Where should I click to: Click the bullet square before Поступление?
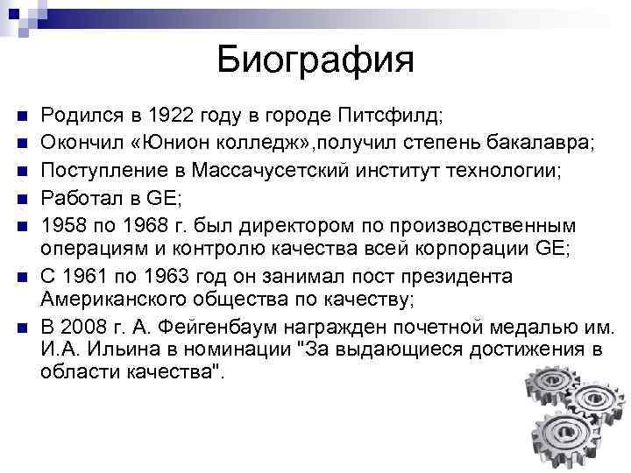point(24,168)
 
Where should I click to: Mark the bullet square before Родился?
point(24,116)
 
